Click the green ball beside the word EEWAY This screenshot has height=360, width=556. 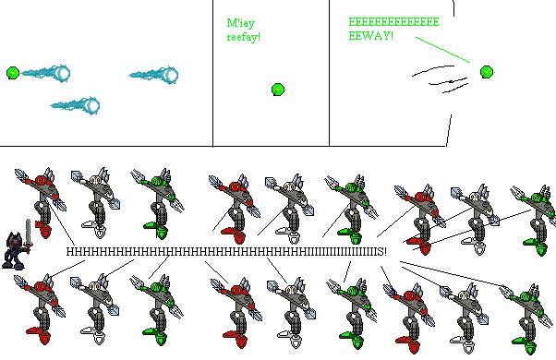487,72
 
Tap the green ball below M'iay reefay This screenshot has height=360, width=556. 278,90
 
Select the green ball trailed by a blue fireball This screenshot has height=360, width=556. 13,73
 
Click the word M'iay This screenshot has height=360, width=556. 240,24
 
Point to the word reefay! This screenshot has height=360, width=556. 244,37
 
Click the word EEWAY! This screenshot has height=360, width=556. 371,36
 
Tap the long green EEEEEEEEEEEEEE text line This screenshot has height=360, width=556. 393,22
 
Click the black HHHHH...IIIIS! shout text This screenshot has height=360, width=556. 226,252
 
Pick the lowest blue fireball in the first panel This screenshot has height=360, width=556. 75,105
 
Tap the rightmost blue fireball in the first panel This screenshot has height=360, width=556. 153,75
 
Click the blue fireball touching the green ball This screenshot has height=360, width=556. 45,73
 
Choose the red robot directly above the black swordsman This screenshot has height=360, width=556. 42,202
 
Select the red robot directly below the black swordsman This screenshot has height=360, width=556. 40,308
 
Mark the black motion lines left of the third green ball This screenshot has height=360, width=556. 440,78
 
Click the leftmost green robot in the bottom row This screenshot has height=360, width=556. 157,309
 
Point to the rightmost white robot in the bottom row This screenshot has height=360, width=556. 465,318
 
